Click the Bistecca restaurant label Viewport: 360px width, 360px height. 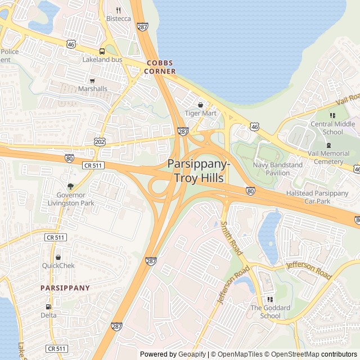(x=118, y=19)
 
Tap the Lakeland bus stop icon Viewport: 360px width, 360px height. (x=102, y=51)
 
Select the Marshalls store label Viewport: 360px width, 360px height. (x=92, y=89)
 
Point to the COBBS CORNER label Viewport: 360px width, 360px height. (x=160, y=67)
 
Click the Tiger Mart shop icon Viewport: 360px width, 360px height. (x=201, y=105)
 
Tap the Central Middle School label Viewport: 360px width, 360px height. (x=333, y=128)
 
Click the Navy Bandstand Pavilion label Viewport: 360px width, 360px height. (x=277, y=169)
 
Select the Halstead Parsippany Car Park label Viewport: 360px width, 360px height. (x=318, y=197)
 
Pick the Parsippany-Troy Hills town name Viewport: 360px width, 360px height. (x=198, y=171)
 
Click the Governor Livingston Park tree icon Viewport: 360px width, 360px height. (x=70, y=186)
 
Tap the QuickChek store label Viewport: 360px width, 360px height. (x=58, y=265)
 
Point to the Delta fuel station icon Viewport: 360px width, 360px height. (x=48, y=307)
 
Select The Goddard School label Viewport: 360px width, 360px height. (x=270, y=312)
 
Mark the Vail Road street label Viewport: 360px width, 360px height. (x=347, y=100)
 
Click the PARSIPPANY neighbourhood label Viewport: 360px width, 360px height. (x=65, y=287)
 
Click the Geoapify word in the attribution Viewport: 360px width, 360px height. (x=191, y=354)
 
